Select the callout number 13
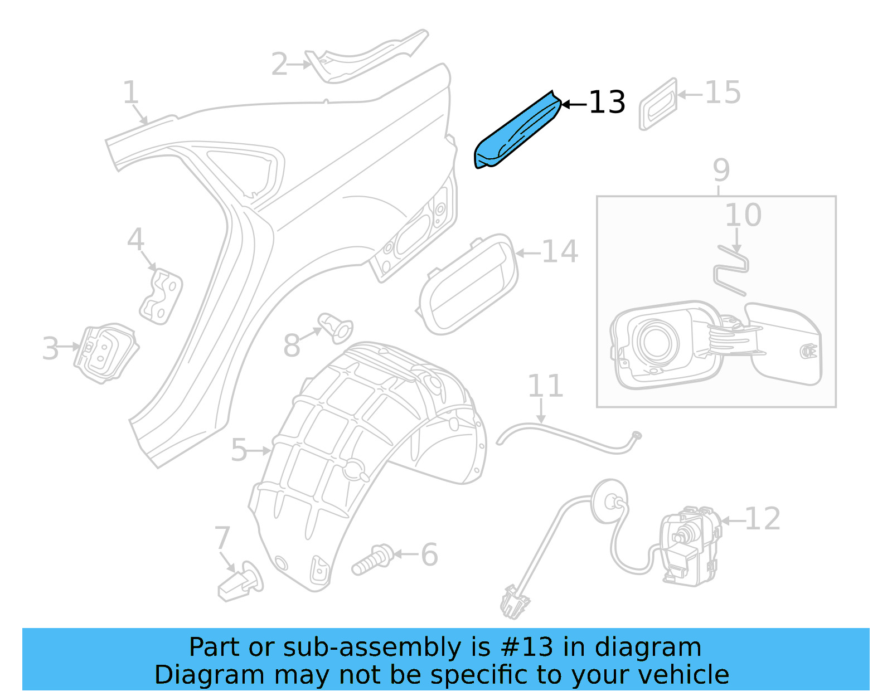tap(607, 103)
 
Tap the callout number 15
tap(723, 93)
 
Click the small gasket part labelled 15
tap(658, 105)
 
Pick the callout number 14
tap(559, 252)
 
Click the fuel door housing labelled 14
tap(468, 284)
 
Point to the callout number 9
tap(721, 170)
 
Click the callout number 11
tap(545, 386)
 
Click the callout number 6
tap(429, 554)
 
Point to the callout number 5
tap(239, 450)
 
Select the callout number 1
tap(130, 93)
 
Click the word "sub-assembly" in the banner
tap(372, 648)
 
